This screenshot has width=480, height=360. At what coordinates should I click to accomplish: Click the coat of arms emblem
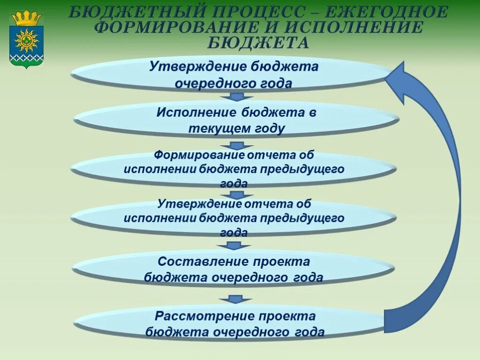26,40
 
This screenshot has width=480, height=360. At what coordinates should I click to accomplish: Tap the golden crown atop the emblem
26,18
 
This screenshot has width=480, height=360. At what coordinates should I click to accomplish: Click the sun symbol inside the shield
26,40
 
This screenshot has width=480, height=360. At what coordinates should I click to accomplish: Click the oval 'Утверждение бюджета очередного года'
233,75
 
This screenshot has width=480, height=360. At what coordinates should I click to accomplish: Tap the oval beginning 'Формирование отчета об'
233,169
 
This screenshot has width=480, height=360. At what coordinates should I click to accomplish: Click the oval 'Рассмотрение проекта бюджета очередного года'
233,324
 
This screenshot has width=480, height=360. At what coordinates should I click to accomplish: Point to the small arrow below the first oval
237,97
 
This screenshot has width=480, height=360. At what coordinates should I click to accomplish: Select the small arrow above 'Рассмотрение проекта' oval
236,299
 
